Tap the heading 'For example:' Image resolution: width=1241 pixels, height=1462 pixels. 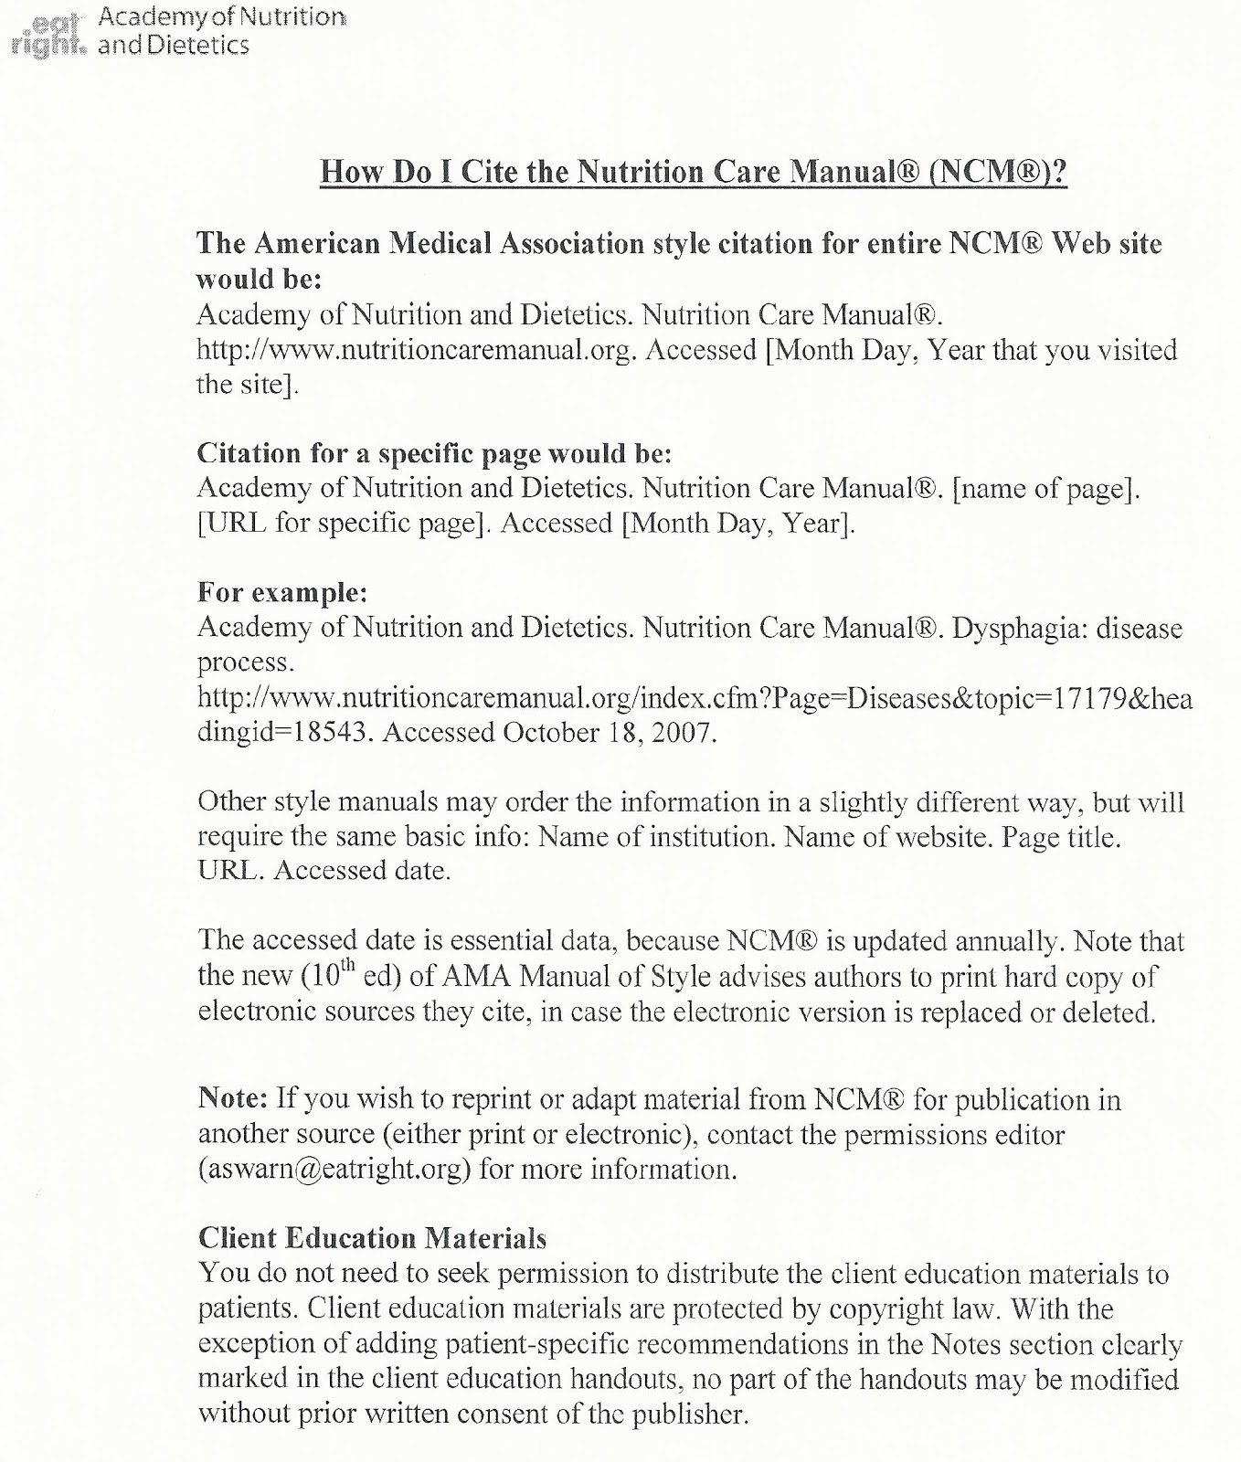[282, 593]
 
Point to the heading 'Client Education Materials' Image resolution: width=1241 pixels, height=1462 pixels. [372, 1238]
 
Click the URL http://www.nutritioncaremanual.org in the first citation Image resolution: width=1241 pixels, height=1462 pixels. [416, 350]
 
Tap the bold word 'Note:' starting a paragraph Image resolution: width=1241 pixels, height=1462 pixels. [233, 1098]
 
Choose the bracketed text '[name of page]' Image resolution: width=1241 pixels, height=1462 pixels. [1046, 489]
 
